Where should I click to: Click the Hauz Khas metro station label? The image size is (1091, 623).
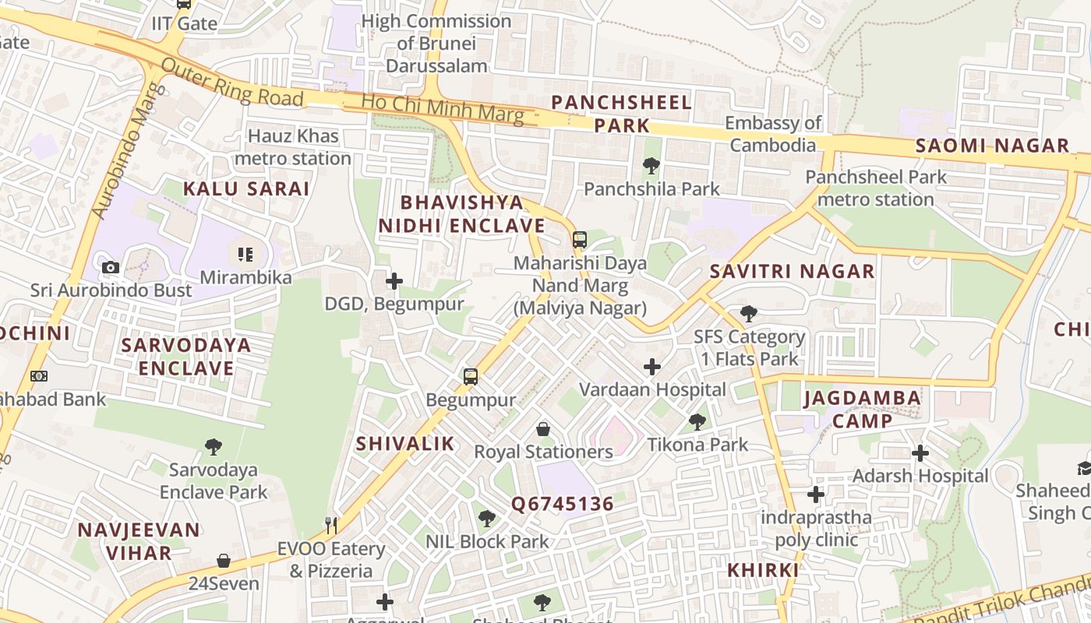coord(292,147)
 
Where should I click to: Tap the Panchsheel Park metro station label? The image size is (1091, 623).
coord(876,188)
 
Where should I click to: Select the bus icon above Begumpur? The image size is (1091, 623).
coord(471,377)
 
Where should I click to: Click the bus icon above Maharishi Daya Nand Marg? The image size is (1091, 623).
coord(580,240)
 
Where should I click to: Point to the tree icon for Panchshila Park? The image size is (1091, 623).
coord(651,165)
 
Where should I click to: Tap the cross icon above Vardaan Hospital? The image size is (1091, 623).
coord(652,367)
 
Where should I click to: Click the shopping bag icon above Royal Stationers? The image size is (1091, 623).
coord(543,429)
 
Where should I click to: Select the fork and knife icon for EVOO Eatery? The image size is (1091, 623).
coord(332,526)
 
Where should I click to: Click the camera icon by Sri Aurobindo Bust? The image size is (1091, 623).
coord(111,268)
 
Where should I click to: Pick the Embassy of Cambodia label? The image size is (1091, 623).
coord(774,134)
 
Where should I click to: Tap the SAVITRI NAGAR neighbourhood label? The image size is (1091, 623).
coord(792,272)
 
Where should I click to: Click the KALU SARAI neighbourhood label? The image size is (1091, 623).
coord(246,188)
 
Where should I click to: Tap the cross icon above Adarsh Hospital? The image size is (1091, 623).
coord(920,453)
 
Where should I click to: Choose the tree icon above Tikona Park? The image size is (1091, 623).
coord(697,422)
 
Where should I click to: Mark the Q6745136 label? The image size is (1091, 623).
coord(562,504)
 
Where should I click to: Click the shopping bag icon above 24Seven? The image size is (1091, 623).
coord(224,561)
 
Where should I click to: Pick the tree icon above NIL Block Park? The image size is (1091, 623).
coord(487,518)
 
